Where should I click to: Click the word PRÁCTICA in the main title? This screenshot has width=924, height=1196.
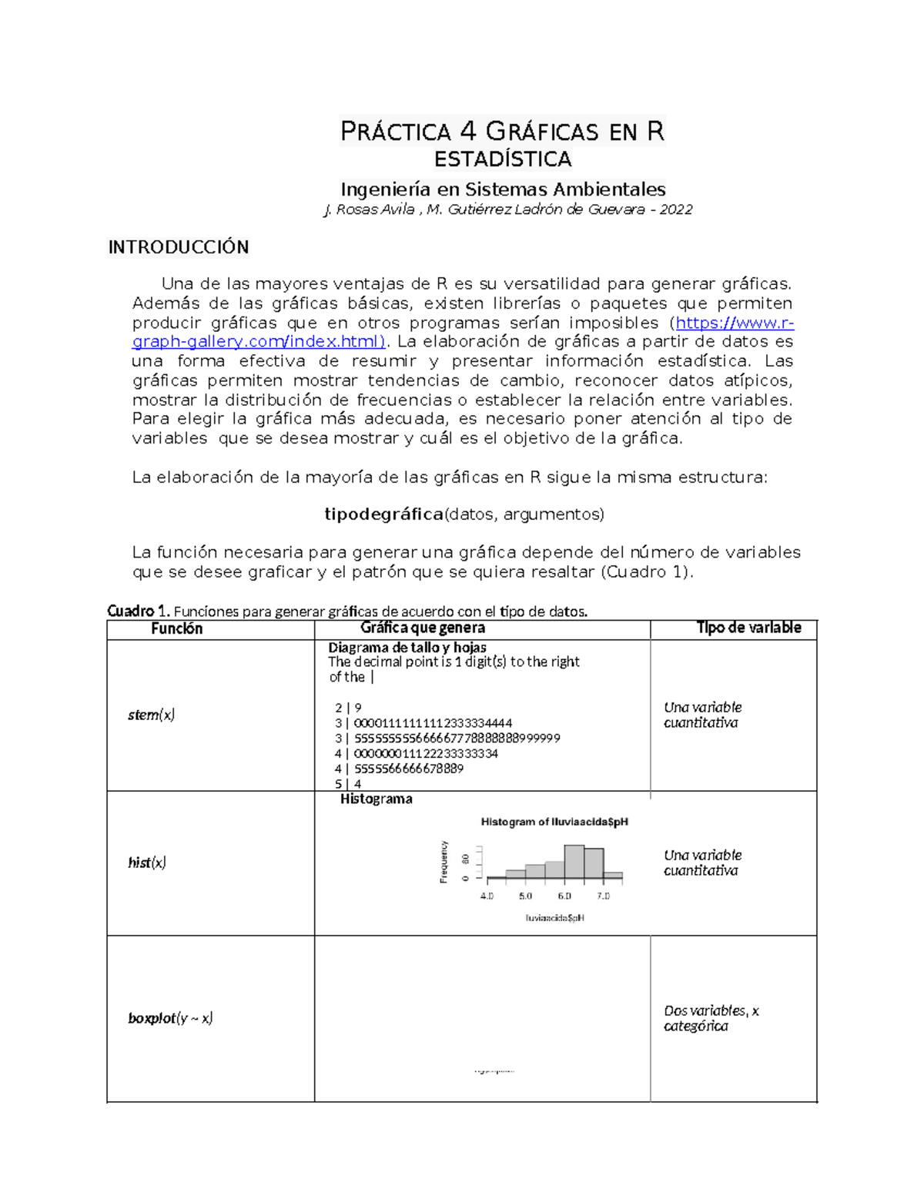(395, 132)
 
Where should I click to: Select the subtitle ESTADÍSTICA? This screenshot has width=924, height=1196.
(503, 159)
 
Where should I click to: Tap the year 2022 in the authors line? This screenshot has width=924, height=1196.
(675, 209)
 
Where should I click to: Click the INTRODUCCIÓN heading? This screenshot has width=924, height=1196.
(178, 247)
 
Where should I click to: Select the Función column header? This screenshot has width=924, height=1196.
(176, 628)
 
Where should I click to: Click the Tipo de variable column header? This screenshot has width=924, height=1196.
(748, 628)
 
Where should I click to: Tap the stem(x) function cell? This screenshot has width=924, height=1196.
(152, 715)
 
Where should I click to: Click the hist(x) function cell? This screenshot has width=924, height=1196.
(147, 863)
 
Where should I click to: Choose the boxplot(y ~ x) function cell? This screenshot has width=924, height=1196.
(170, 1018)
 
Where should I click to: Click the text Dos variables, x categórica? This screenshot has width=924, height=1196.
(710, 1018)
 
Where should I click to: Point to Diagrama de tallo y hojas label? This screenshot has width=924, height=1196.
(407, 648)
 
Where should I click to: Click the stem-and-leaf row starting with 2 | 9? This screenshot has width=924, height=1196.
(348, 708)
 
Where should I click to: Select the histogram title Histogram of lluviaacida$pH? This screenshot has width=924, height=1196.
(554, 822)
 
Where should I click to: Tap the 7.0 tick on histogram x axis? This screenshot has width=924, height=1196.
(603, 896)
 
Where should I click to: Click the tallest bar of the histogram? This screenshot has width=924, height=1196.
(574, 862)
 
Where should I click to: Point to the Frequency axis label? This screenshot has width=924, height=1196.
(444, 862)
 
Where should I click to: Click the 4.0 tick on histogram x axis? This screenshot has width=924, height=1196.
(487, 896)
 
